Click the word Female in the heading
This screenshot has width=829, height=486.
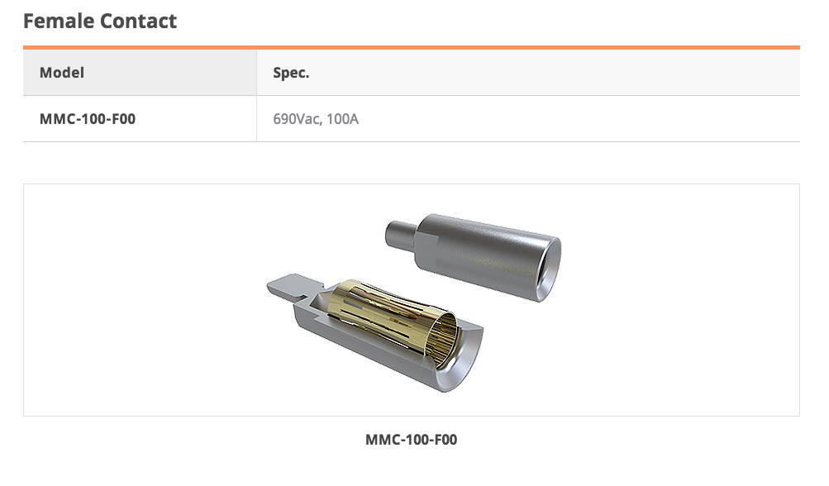click(x=58, y=21)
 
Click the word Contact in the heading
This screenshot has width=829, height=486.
click(x=138, y=21)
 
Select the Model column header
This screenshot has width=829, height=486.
click(x=62, y=73)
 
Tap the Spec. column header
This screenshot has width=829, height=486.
click(x=291, y=73)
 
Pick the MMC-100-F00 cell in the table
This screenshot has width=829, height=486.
click(x=88, y=119)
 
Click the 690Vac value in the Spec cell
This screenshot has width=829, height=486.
click(x=297, y=119)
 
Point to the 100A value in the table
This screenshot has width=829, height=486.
click(x=343, y=119)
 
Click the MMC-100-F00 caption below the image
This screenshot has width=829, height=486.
click(x=412, y=440)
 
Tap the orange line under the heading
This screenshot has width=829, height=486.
click(x=412, y=48)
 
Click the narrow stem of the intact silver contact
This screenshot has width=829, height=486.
click(x=402, y=234)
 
